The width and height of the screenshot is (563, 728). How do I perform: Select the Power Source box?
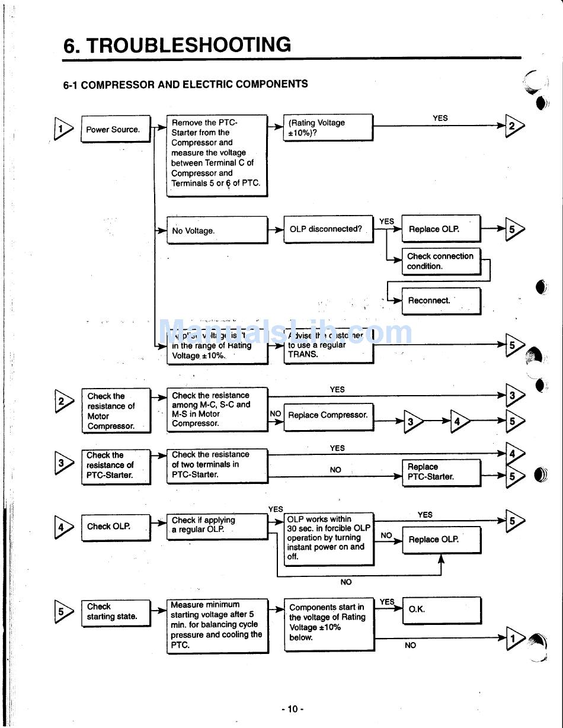pos(116,130)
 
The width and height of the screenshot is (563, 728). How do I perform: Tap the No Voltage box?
pos(217,230)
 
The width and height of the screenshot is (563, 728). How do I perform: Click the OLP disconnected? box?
pos(328,229)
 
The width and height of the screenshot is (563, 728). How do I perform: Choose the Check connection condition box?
pos(441,261)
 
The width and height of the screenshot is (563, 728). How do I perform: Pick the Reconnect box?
pos(441,301)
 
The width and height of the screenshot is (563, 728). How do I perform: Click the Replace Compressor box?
pos(329,416)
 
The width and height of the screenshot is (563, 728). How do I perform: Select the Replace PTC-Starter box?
pos(441,472)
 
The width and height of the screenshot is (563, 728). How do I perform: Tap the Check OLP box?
pos(116,527)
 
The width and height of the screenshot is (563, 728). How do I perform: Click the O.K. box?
pos(441,610)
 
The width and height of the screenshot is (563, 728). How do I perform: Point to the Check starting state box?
pos(116,612)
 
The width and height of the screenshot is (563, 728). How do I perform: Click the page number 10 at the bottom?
pos(293,709)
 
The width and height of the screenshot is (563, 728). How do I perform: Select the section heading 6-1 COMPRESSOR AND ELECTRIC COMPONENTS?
pos(185,85)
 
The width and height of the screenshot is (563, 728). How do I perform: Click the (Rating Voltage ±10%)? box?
pos(328,127)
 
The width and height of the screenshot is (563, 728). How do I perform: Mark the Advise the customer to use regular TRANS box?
pos(329,346)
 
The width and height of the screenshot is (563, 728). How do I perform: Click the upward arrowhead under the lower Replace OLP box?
pos(441,559)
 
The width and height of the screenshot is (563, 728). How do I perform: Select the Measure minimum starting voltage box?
pos(217,626)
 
